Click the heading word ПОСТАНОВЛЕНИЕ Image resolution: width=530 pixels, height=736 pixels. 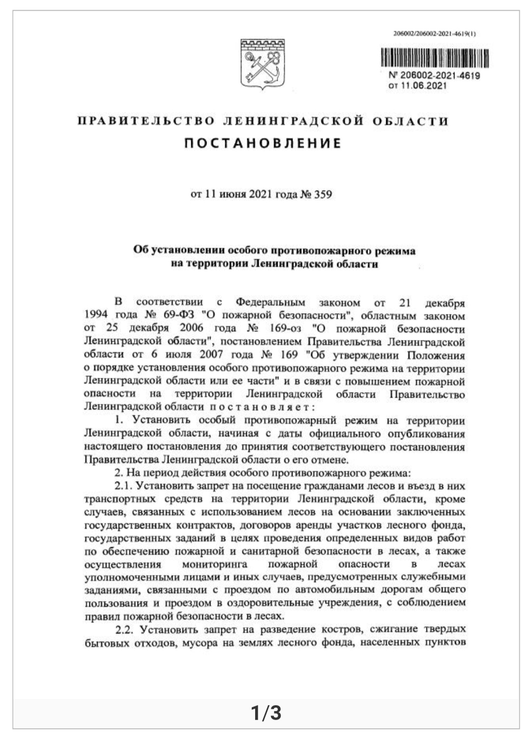click(263, 143)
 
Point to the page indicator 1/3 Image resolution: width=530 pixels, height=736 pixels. click(265, 712)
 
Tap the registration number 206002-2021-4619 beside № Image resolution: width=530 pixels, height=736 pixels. click(439, 76)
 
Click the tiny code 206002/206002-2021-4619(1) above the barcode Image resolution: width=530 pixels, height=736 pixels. click(436, 34)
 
